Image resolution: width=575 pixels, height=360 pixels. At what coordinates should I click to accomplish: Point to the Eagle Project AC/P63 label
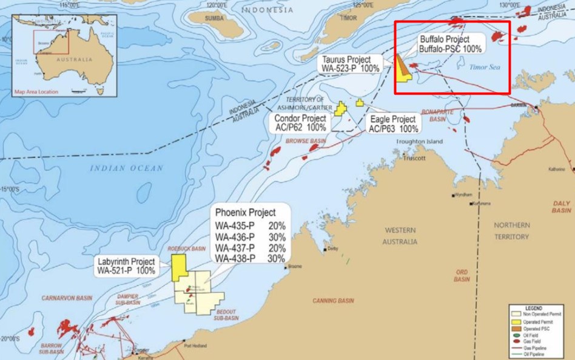pos(393,124)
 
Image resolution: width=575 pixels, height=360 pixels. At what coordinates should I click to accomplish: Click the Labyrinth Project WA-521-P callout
pos(126,265)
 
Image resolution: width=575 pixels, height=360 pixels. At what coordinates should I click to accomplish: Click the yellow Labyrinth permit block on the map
pos(178,267)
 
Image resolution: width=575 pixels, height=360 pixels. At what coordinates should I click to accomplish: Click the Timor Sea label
pos(483,69)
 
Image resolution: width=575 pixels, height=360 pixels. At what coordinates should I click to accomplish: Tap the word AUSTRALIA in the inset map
pos(75,60)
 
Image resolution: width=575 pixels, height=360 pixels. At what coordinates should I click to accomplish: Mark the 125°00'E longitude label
pos(363,5)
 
